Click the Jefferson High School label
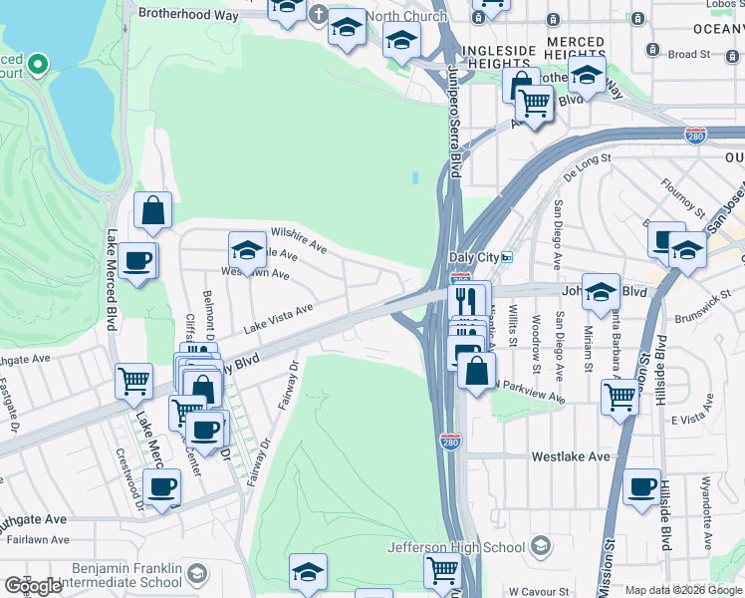[x=456, y=547]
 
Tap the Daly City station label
[x=473, y=257]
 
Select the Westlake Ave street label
[x=570, y=456]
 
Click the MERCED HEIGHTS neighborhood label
[x=575, y=48]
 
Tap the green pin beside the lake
[x=38, y=65]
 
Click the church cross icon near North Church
[x=318, y=15]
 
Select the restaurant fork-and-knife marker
[x=467, y=299]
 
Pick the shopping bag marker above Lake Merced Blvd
[x=153, y=210]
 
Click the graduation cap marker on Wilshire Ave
[x=247, y=249]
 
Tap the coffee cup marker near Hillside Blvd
[x=641, y=487]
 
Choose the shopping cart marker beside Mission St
[x=620, y=396]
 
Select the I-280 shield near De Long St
[x=696, y=135]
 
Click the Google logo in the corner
[x=33, y=586]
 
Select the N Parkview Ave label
[x=529, y=391]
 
